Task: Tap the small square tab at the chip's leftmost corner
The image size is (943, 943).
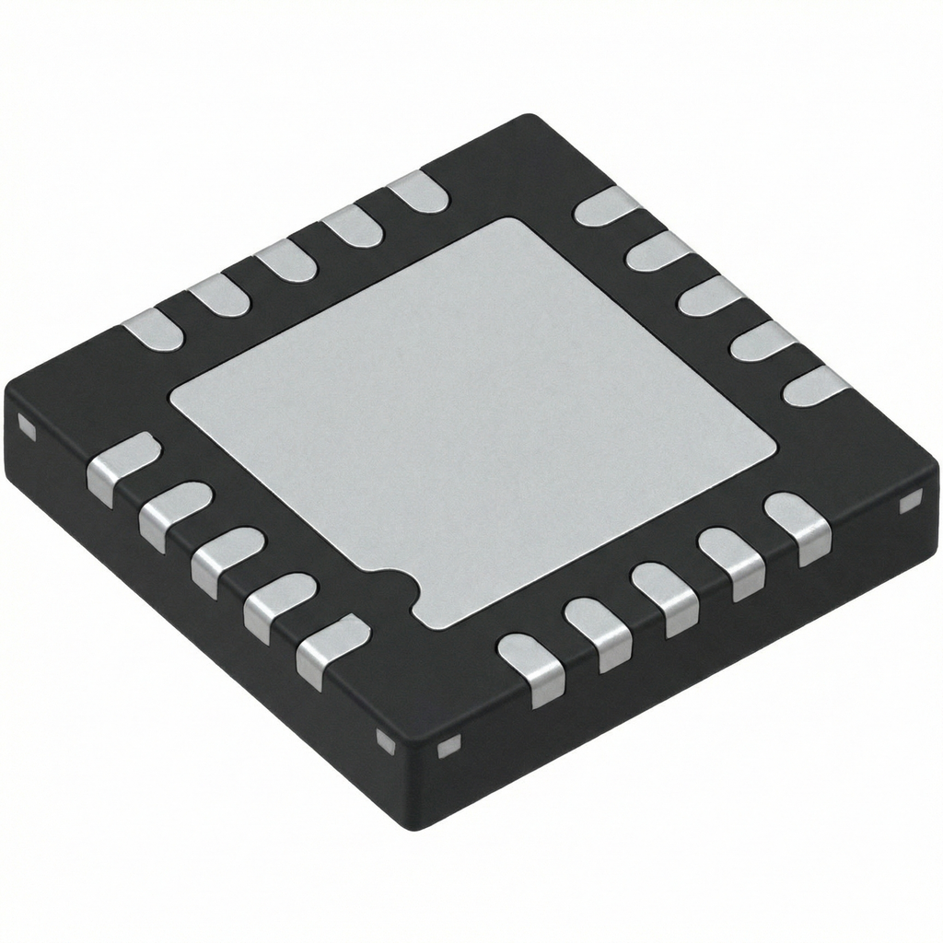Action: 26,427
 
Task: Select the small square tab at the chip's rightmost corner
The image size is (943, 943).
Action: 910,502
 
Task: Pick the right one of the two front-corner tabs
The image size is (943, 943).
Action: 448,746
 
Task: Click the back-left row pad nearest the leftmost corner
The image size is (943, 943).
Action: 153,329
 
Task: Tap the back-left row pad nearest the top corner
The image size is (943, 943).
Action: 417,192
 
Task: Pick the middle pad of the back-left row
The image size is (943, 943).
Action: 285,262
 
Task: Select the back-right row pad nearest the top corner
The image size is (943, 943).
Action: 605,206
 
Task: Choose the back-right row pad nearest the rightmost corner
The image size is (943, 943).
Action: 816,386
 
